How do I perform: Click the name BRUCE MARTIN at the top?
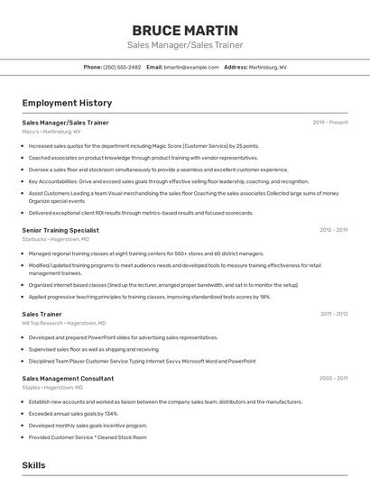coord(185,30)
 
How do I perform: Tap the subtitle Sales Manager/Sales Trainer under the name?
coord(185,45)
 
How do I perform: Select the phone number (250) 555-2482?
coord(122,67)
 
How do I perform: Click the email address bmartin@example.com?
coord(190,67)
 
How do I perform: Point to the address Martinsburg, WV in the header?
coord(268,67)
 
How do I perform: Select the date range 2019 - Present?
coord(329,122)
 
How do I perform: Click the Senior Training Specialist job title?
coord(60,230)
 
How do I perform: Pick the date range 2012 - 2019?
coord(333,230)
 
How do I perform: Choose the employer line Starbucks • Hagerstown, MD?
coord(56,240)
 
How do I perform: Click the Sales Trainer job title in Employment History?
coord(42,314)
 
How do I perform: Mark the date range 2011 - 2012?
coord(333,314)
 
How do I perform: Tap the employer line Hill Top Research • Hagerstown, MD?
coord(64,323)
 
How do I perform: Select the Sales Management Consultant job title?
coord(68,379)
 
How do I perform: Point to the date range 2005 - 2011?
coord(333,379)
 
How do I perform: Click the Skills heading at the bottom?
coord(33,465)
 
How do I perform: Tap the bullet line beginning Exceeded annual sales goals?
coord(73,413)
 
